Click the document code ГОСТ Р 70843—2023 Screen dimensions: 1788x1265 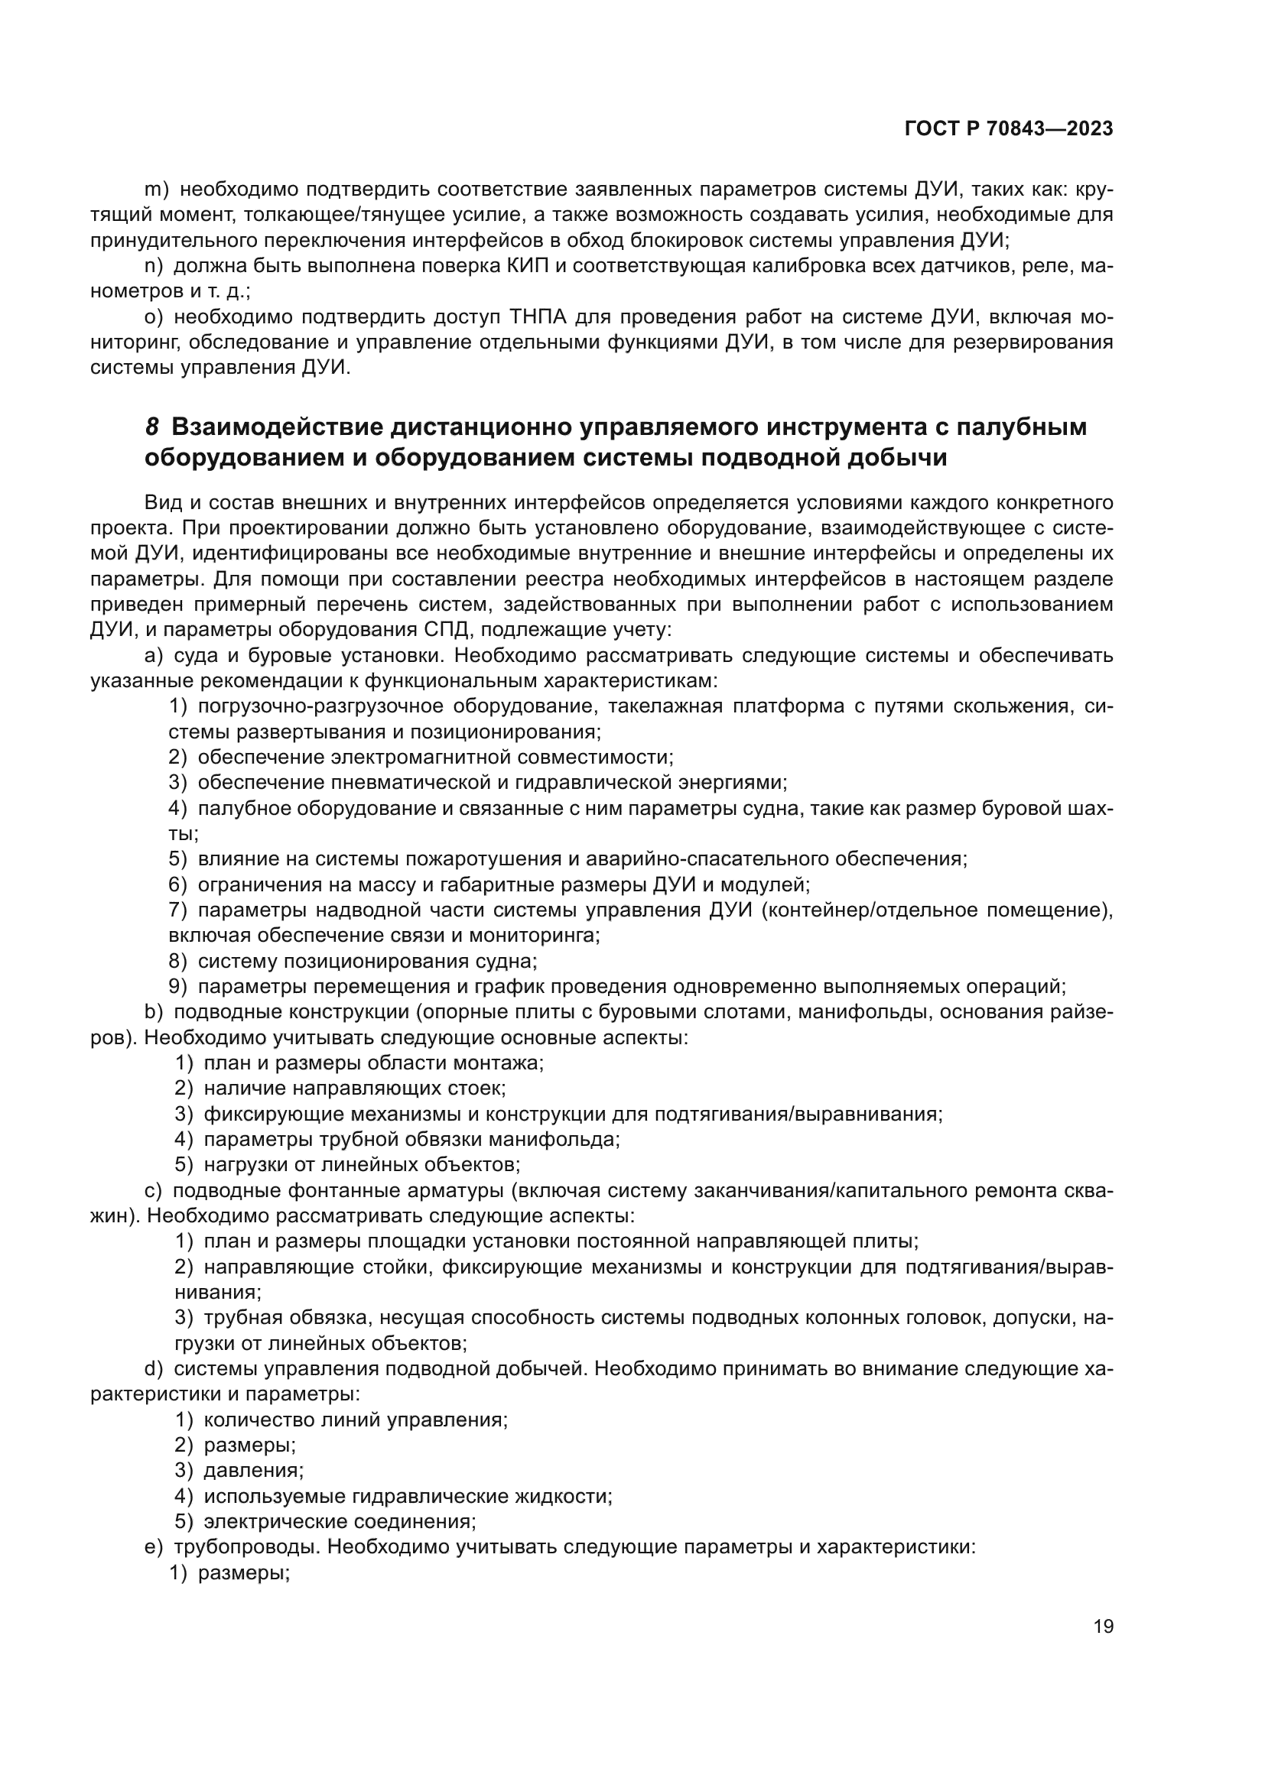1009,129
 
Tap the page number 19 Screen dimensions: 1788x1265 1103,1626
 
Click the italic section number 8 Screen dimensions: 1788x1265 152,427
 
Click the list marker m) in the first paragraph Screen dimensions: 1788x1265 157,190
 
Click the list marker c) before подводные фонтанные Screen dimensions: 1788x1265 153,1191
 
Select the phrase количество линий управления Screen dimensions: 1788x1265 355,1420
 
